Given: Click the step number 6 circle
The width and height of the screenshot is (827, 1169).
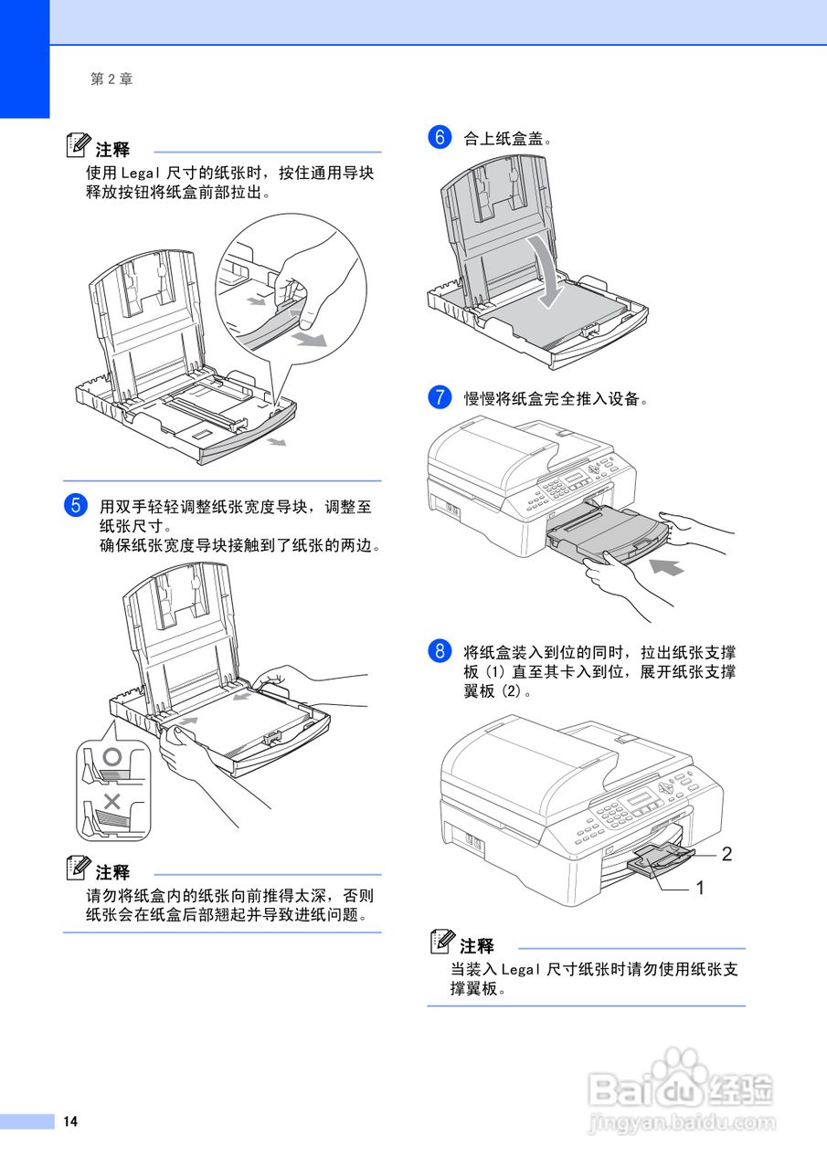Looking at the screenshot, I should click(440, 139).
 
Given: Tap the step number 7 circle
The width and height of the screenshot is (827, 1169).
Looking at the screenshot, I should click(440, 398).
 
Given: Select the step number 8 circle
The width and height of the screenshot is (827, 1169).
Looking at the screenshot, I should click(440, 652).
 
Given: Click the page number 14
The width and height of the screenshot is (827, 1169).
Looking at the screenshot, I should click(70, 1122).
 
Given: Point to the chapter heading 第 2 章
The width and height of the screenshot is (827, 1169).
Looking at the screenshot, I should click(111, 79).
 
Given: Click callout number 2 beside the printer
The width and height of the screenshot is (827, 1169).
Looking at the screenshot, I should click(726, 855).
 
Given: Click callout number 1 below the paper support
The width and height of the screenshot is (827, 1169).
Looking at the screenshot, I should click(700, 887).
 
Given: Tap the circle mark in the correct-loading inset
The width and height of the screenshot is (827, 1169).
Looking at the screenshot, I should click(112, 756).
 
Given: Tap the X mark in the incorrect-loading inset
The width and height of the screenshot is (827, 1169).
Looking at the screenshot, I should click(112, 802).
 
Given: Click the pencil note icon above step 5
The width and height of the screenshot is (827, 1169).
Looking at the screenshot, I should click(80, 146).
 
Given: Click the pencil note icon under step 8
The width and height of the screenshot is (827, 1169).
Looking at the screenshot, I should click(444, 942).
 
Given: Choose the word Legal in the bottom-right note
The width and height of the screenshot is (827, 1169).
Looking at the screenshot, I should click(522, 970).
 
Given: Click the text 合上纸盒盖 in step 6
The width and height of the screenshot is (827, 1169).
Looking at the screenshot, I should click(506, 139).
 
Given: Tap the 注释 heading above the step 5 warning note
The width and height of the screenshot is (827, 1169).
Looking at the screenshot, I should click(112, 872).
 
